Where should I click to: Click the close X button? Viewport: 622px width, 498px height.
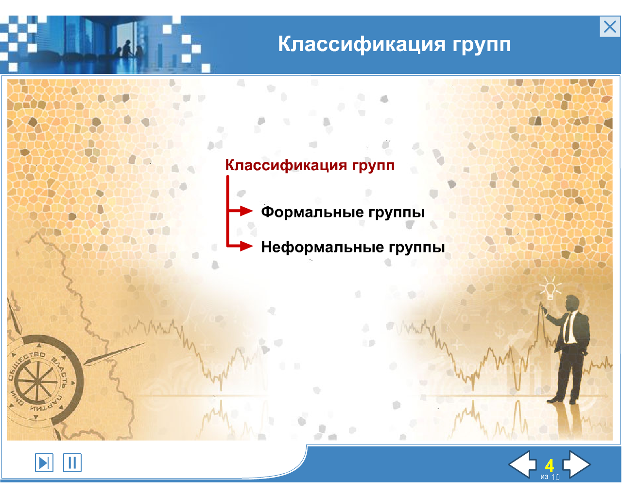click(609, 27)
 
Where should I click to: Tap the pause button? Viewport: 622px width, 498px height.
click(72, 462)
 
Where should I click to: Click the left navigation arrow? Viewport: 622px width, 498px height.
click(522, 464)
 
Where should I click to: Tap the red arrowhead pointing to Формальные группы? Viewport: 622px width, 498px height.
click(246, 211)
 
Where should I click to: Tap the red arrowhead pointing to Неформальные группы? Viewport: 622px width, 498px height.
click(246, 246)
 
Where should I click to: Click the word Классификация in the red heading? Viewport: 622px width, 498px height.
click(286, 166)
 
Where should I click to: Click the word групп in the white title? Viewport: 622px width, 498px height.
click(482, 45)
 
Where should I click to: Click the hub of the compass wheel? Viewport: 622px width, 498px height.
click(36, 381)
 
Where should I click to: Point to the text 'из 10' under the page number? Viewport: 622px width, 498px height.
click(550, 477)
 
